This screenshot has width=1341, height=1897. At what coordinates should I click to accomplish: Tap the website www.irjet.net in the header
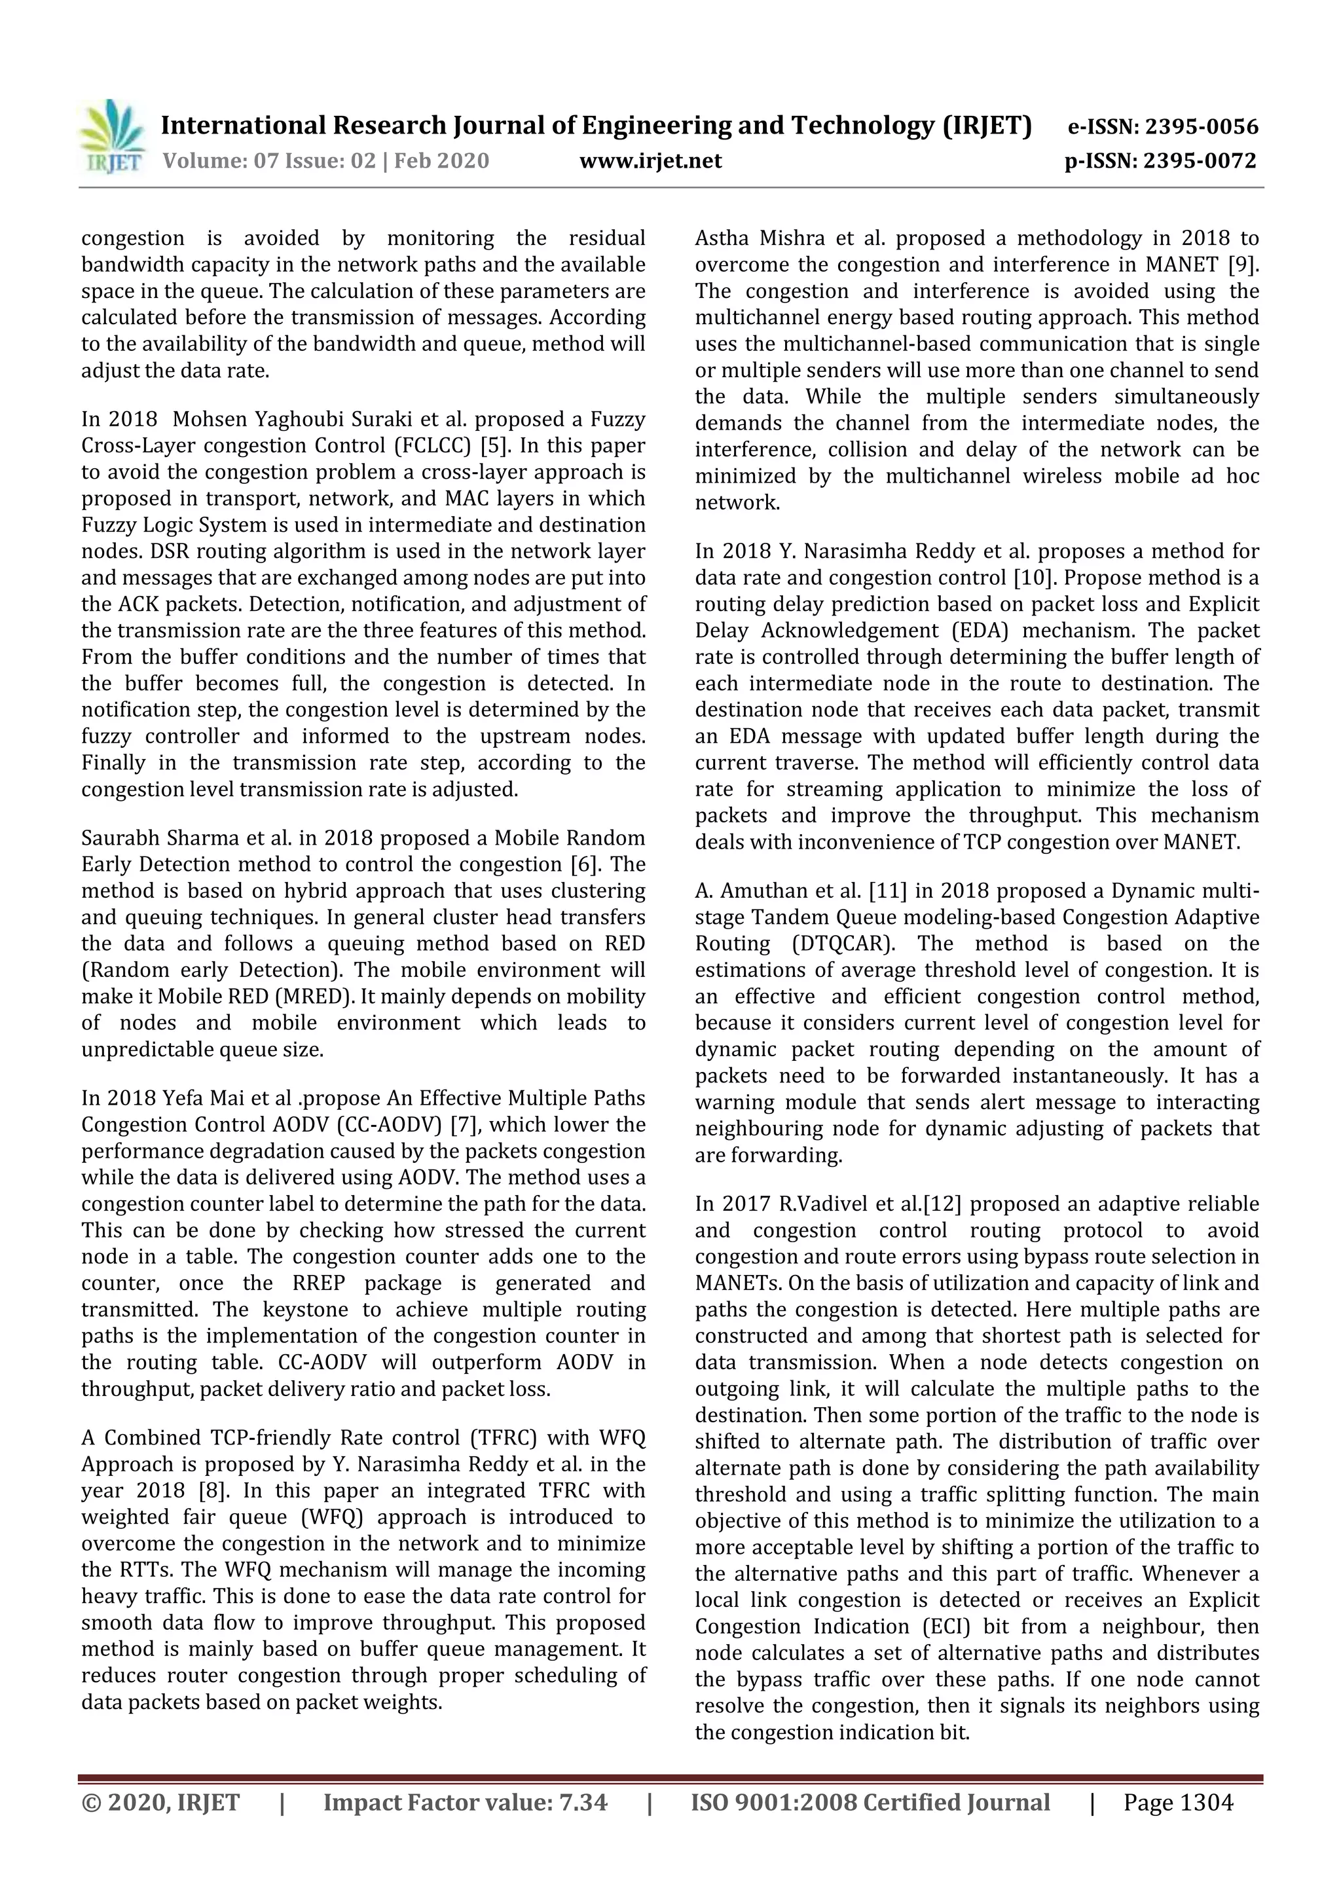650,160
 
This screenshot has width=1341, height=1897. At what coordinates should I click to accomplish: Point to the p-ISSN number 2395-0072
1200,160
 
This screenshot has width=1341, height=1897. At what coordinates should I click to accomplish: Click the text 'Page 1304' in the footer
1177,1802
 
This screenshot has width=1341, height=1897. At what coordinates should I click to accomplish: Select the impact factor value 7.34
583,1802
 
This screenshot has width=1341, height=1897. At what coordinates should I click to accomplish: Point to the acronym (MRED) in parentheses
307,997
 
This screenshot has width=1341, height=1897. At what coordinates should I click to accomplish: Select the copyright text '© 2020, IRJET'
160,1802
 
